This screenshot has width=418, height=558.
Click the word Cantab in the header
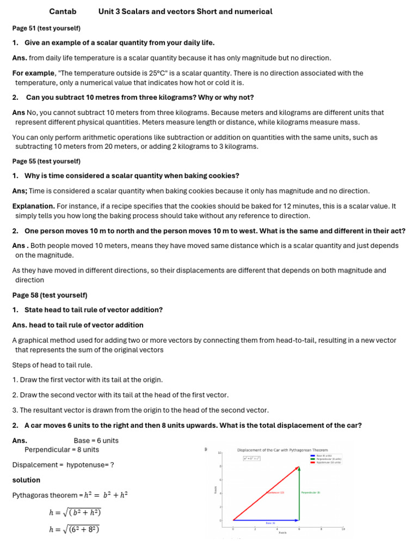pyautogui.click(x=63, y=11)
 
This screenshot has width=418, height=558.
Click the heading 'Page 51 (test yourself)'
pyautogui.click(x=46, y=28)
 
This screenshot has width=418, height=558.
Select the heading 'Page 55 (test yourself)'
pyautogui.click(x=46, y=161)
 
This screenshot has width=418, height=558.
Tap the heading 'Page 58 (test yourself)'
pyautogui.click(x=50, y=295)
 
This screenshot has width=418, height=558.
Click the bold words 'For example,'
pyautogui.click(x=34, y=73)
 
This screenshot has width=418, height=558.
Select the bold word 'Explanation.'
pyautogui.click(x=33, y=207)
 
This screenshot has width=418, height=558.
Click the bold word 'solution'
pyautogui.click(x=26, y=480)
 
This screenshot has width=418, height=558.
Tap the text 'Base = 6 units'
pyautogui.click(x=96, y=440)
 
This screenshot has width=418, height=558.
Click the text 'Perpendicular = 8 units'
pyautogui.click(x=62, y=450)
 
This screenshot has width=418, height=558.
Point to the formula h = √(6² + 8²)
pyautogui.click(x=74, y=529)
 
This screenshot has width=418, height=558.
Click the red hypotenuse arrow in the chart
pyautogui.click(x=266, y=493)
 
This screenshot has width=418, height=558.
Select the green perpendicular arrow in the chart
pyautogui.click(x=299, y=493)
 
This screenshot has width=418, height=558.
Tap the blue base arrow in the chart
pyautogui.click(x=266, y=520)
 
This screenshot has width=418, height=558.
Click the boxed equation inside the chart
pyautogui.click(x=251, y=458)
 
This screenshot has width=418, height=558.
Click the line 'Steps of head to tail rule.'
pyautogui.click(x=52, y=365)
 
